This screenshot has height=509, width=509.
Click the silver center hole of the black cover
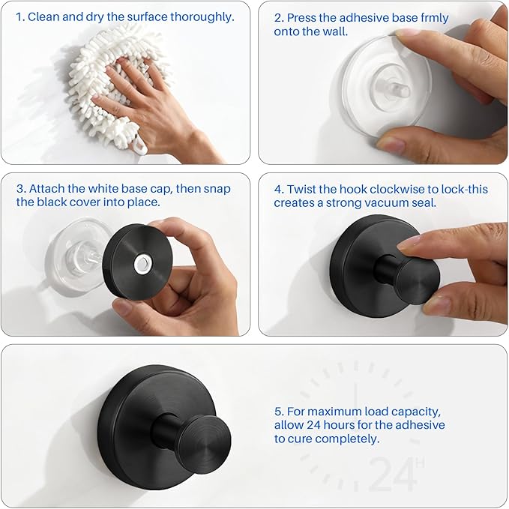pyautogui.click(x=141, y=263)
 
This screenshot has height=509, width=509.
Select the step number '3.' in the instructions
pyautogui.click(x=21, y=189)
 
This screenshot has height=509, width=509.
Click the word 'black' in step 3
pyautogui.click(x=48, y=202)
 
